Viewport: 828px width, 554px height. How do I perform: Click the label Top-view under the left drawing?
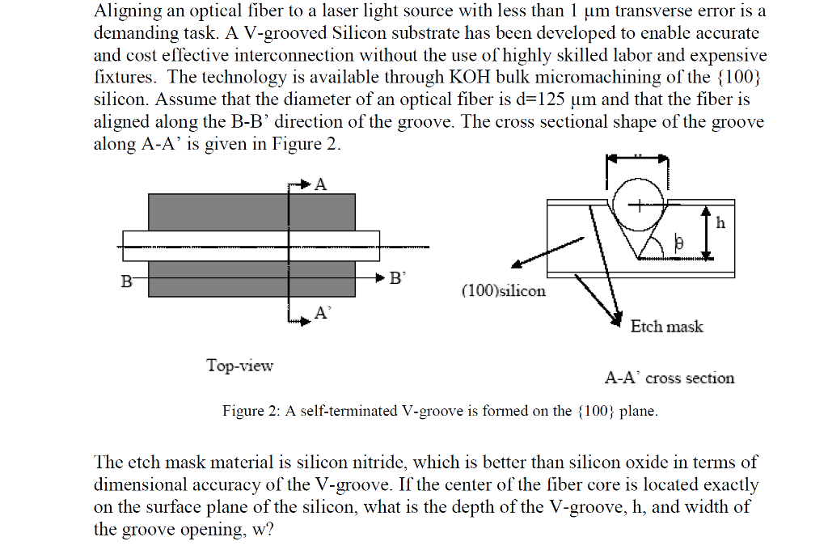click(239, 365)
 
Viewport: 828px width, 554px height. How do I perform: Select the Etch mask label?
click(666, 326)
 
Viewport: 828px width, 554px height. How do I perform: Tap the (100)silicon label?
click(503, 290)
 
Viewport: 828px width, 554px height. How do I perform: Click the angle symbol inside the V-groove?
click(679, 243)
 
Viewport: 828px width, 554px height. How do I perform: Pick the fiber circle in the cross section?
click(638, 203)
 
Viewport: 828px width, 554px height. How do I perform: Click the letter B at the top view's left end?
click(126, 281)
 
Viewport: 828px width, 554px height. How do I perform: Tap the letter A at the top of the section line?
click(320, 184)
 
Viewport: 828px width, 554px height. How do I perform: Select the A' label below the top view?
click(322, 313)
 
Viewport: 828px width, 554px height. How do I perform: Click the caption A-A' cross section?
click(669, 378)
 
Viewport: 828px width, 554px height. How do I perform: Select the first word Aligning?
click(128, 12)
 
